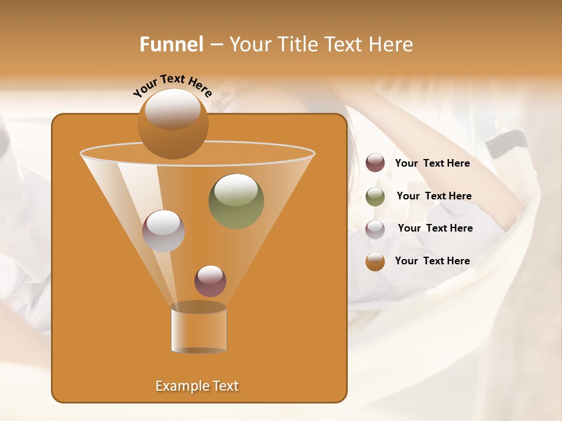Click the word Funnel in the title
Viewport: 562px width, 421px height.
(172, 44)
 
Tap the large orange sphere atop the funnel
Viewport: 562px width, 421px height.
(173, 123)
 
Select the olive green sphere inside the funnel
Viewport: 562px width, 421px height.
(236, 201)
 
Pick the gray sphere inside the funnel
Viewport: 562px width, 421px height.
(163, 231)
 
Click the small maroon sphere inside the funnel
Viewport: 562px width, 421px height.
(210, 281)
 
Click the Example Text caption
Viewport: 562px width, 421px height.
(197, 386)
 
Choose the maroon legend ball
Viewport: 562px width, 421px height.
(375, 163)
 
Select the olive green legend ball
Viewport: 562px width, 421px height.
(375, 196)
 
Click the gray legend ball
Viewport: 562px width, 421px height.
(375, 229)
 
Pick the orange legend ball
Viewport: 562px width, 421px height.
(375, 261)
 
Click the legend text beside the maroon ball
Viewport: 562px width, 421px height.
(432, 163)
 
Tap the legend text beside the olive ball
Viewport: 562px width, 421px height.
(434, 196)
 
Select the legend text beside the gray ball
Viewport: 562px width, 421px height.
(435, 228)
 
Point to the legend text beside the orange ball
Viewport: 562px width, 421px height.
(432, 261)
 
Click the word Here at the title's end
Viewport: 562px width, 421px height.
(392, 44)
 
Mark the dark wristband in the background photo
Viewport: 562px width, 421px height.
(506, 143)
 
